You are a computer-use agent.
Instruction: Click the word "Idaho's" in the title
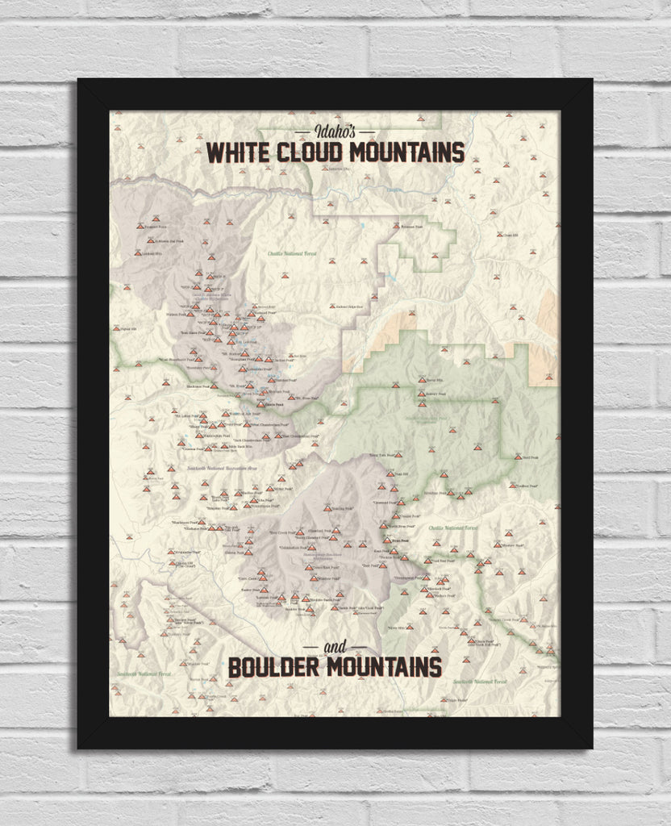pos(335,131)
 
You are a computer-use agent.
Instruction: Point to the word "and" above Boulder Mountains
pos(335,648)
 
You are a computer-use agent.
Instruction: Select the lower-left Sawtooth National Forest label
pos(144,673)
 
